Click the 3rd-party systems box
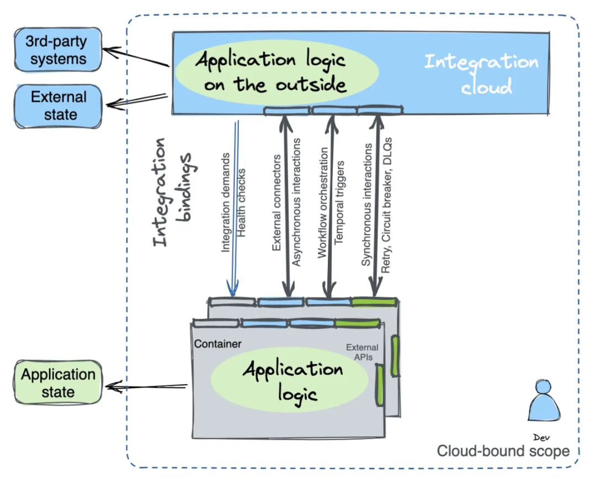[x=58, y=50]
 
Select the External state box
[x=58, y=106]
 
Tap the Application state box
[x=58, y=383]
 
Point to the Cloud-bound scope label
[x=503, y=451]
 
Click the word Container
[x=217, y=344]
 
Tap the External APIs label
[x=362, y=352]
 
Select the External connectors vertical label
[x=277, y=202]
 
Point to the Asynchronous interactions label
[x=296, y=202]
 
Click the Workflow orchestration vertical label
[x=322, y=202]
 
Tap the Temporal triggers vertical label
[x=339, y=202]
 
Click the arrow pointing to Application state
[x=146, y=386]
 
